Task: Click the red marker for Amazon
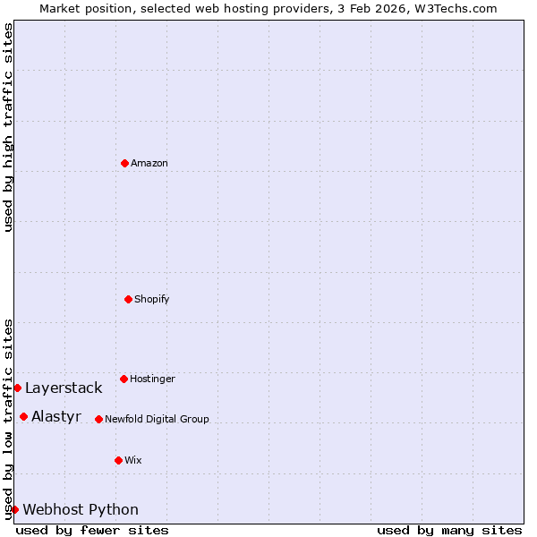point(124,163)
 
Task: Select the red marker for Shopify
point(128,299)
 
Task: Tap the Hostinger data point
point(124,379)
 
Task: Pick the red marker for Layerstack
point(17,388)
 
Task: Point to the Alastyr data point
point(23,416)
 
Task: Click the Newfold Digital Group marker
point(98,419)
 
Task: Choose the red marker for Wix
point(118,460)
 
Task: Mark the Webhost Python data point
point(14,509)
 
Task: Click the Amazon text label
point(149,163)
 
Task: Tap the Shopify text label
point(152,299)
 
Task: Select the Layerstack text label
point(64,388)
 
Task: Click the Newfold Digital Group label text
point(157,419)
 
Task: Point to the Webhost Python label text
point(81,509)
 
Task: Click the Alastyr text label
point(56,416)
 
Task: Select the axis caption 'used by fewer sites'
point(92,530)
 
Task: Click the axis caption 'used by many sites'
point(449,530)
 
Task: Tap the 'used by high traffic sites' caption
point(8,127)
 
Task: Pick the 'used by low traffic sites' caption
point(8,418)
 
